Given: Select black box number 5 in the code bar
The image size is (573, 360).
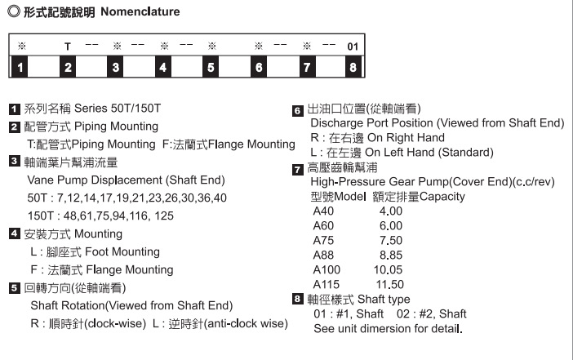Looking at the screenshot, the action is (x=211, y=67).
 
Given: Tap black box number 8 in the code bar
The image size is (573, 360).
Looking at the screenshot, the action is (x=353, y=67).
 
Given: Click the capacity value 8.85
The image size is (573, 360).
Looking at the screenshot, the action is (x=391, y=255).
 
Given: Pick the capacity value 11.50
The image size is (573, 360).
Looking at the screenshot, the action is (x=388, y=284).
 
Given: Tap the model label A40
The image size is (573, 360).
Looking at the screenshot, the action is (x=324, y=211).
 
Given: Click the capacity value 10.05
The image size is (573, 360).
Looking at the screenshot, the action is (x=388, y=269).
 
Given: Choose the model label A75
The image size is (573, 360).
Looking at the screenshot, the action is (x=324, y=240).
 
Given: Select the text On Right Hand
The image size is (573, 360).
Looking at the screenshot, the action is (x=406, y=137).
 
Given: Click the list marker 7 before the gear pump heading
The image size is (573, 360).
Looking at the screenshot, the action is (x=298, y=169).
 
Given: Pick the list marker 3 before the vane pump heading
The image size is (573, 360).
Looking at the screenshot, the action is (x=15, y=162).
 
